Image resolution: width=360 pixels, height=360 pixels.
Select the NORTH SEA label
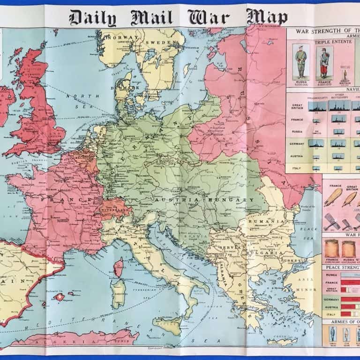click(76, 102)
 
